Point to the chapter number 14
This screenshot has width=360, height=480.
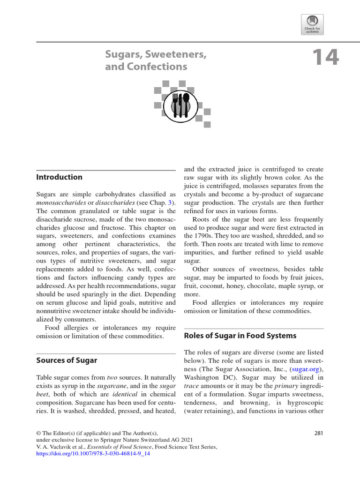pos(325,58)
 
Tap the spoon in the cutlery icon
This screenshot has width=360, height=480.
pos(186,104)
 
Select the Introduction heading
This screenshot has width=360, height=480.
pos(59,177)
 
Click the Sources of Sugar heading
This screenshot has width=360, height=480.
pos(67,360)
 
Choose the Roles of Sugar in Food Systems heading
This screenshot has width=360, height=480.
pos(240,336)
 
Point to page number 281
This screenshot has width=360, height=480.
pos(319,433)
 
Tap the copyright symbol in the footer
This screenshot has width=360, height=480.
pos(39,433)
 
